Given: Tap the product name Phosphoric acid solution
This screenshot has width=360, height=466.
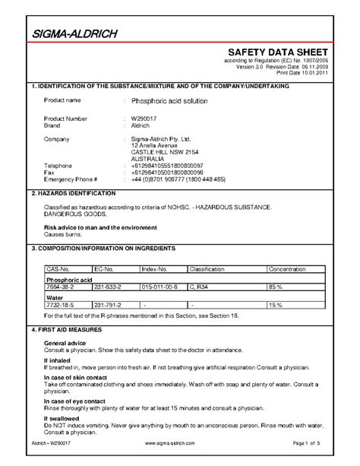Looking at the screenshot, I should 168,100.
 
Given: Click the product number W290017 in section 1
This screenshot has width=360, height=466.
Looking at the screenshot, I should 145,119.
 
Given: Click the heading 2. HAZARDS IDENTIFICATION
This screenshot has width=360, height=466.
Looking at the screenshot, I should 71,195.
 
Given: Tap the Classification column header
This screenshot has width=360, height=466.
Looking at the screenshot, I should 207,269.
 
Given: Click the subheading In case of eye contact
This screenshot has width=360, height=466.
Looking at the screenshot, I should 74,400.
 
